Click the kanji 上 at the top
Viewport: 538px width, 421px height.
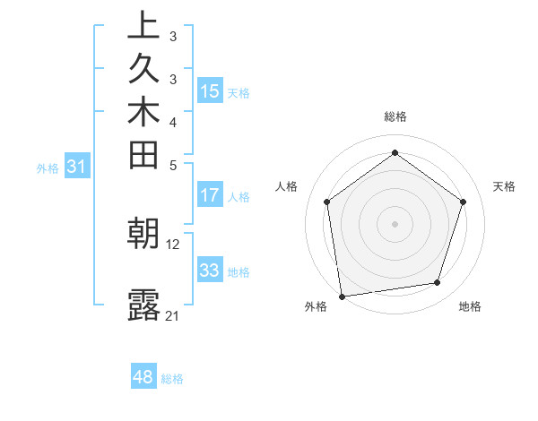click(x=143, y=25)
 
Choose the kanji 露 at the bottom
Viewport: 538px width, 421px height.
click(x=143, y=305)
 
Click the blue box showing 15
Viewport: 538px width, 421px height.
click(x=210, y=91)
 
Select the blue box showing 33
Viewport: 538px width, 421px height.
click(x=210, y=270)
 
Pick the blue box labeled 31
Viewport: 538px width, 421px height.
click(x=77, y=166)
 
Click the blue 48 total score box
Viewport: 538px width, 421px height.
click(x=143, y=377)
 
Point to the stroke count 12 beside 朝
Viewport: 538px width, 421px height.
click(x=173, y=244)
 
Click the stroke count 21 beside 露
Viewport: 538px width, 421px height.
click(x=173, y=315)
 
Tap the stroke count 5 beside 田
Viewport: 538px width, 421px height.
click(x=173, y=165)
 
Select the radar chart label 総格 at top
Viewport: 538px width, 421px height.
click(x=395, y=116)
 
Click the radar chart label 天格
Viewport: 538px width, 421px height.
click(x=505, y=186)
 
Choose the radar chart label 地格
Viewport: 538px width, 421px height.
click(x=470, y=306)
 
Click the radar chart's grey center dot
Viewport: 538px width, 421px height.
click(x=395, y=223)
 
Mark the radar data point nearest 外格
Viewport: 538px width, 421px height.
click(x=342, y=296)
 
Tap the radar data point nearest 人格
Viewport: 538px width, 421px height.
click(x=327, y=202)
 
